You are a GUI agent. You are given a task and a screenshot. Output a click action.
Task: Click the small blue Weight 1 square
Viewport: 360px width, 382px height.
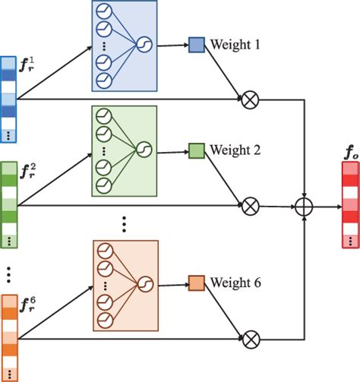click(197, 46)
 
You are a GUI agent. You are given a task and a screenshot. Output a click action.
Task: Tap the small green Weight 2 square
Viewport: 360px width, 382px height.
click(197, 150)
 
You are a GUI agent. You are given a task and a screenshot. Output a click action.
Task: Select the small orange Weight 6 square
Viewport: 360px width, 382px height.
click(197, 283)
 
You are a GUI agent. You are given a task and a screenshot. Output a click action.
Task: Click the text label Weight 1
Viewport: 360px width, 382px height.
click(236, 46)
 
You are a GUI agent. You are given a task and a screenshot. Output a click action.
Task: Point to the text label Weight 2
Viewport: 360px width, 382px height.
click(236, 150)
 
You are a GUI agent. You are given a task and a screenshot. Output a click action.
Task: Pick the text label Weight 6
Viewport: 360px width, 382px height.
click(236, 283)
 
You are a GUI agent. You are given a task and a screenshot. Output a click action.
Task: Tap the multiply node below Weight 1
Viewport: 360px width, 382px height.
click(249, 99)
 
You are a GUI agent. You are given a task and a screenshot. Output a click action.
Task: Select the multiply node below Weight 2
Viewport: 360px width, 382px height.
click(249, 205)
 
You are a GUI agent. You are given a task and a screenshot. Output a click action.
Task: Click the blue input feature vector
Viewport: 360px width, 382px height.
click(8, 99)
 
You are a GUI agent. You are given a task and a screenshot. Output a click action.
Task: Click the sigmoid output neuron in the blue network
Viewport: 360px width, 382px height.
click(141, 46)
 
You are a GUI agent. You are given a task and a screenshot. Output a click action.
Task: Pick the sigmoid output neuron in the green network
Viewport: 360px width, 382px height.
click(141, 148)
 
